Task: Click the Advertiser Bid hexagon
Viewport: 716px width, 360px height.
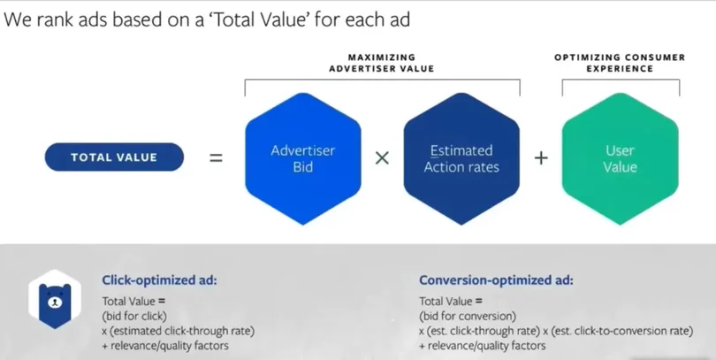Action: [x=303, y=158]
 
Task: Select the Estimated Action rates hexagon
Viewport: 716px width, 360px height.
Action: [x=461, y=158]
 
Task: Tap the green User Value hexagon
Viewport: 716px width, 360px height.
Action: [x=620, y=158]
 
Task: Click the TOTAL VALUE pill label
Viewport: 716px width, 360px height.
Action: [x=114, y=157]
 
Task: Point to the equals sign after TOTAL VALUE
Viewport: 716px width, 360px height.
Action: [x=216, y=158]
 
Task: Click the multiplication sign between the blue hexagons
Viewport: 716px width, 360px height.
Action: [x=382, y=158]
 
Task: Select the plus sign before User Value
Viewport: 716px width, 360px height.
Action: [x=541, y=158]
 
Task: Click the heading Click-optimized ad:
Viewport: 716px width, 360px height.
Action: [x=159, y=280]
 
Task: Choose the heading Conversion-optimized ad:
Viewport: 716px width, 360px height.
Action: [x=495, y=280]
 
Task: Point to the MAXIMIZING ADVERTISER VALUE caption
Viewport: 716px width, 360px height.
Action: [x=382, y=63]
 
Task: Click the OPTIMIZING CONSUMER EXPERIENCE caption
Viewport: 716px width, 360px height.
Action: [x=620, y=63]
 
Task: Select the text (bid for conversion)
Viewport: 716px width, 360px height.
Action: [x=468, y=316]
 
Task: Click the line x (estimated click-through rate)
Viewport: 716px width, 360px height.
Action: [x=178, y=331]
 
